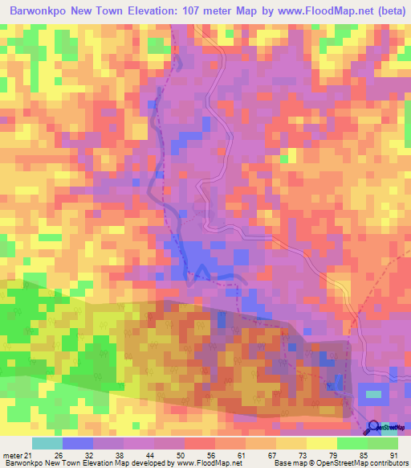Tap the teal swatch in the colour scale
(x=47, y=443)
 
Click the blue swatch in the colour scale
(x=78, y=443)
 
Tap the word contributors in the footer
(x=385, y=462)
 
